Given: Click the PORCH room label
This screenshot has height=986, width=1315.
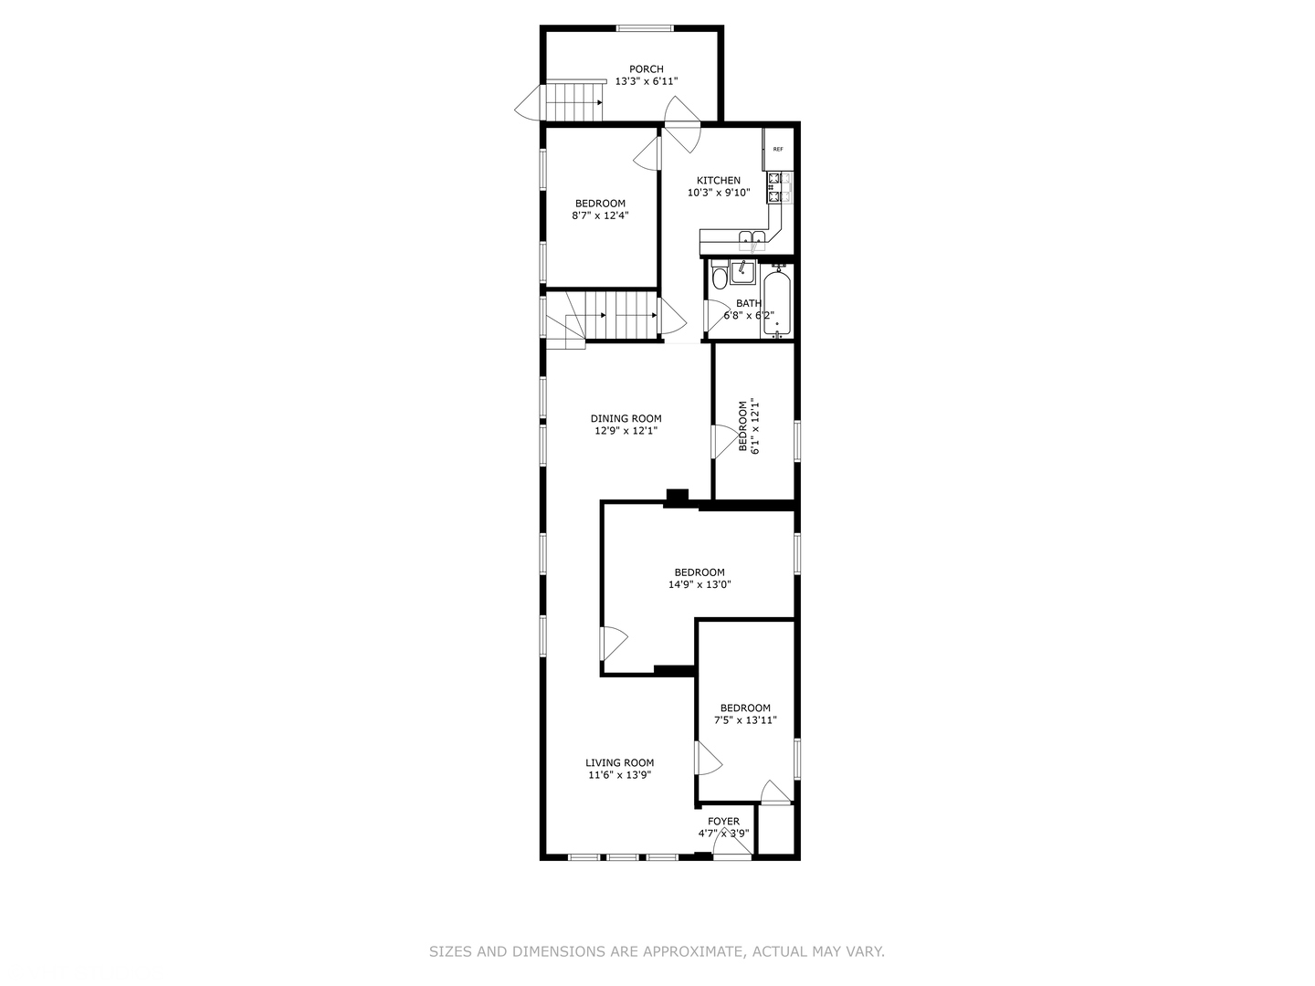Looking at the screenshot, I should pyautogui.click(x=646, y=69).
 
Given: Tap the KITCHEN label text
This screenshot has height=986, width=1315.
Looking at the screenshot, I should pyautogui.click(x=719, y=181).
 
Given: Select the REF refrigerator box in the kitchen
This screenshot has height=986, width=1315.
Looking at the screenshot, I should pyautogui.click(x=778, y=149).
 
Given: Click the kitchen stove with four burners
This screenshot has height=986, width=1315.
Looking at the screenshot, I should pyautogui.click(x=779, y=187).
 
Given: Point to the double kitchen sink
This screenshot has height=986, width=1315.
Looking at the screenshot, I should pyautogui.click(x=752, y=241).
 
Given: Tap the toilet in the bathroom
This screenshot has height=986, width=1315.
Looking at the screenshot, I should pyautogui.click(x=719, y=277).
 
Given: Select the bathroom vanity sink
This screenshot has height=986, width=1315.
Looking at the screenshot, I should pyautogui.click(x=742, y=271).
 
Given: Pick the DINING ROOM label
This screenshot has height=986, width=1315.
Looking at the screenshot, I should pyautogui.click(x=626, y=419).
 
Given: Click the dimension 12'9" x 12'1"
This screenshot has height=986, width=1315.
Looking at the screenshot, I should pyautogui.click(x=626, y=431).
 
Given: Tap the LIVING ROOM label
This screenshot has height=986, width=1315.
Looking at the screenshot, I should pyautogui.click(x=619, y=763).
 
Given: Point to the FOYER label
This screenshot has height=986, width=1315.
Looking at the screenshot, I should pyautogui.click(x=723, y=822).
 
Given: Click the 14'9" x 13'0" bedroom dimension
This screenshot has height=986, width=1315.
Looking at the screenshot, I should pyautogui.click(x=700, y=585).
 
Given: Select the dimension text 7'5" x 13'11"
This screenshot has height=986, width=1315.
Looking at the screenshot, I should pyautogui.click(x=745, y=720).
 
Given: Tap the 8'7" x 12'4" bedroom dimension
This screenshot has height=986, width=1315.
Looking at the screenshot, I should pyautogui.click(x=600, y=216).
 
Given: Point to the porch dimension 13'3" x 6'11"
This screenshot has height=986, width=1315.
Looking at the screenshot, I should pyautogui.click(x=646, y=81).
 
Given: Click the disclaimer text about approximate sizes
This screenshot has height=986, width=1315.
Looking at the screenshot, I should pyautogui.click(x=657, y=951).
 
